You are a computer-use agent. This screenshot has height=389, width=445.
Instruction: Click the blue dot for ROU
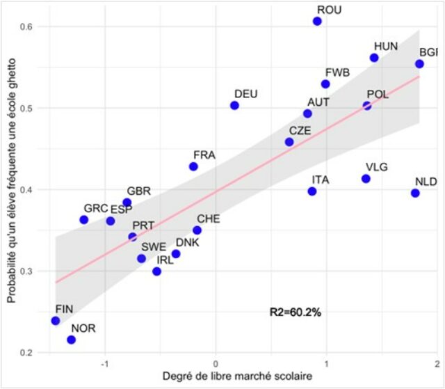click(x=317, y=22)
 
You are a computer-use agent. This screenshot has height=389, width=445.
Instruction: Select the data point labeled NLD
click(x=415, y=193)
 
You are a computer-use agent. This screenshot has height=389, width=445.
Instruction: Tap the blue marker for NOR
click(x=71, y=340)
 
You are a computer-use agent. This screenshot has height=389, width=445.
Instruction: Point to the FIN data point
click(x=56, y=321)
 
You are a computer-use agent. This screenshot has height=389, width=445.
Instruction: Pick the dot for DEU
click(x=234, y=105)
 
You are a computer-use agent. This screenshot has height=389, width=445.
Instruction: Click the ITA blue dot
click(x=312, y=191)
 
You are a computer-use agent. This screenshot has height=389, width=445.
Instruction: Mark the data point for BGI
click(x=419, y=64)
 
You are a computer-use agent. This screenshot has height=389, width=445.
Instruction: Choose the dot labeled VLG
click(x=366, y=179)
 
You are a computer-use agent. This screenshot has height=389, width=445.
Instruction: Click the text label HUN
click(x=386, y=46)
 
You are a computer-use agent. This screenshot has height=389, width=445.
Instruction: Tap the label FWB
click(x=337, y=72)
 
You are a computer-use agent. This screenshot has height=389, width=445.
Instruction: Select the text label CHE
click(x=209, y=219)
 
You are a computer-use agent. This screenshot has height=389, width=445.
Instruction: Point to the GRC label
click(x=96, y=208)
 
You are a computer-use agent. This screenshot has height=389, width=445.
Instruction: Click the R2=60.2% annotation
click(x=296, y=312)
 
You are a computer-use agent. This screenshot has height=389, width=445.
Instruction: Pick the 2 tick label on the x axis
click(x=436, y=364)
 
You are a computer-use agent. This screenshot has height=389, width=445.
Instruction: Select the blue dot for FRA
click(x=193, y=166)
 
